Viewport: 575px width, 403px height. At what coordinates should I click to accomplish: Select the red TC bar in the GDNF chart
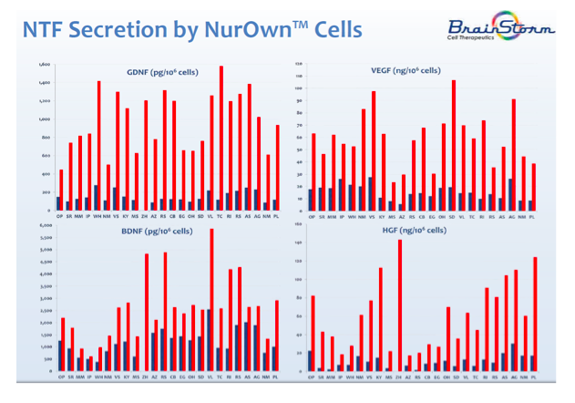coord(221,137)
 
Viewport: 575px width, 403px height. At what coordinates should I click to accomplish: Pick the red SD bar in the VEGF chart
coord(454,145)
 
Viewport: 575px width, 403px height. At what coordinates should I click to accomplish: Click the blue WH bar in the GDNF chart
coord(95,197)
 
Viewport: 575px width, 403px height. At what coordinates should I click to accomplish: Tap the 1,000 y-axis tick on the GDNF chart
coord(45,119)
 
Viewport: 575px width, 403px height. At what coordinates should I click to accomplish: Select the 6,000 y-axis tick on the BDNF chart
coord(45,224)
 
